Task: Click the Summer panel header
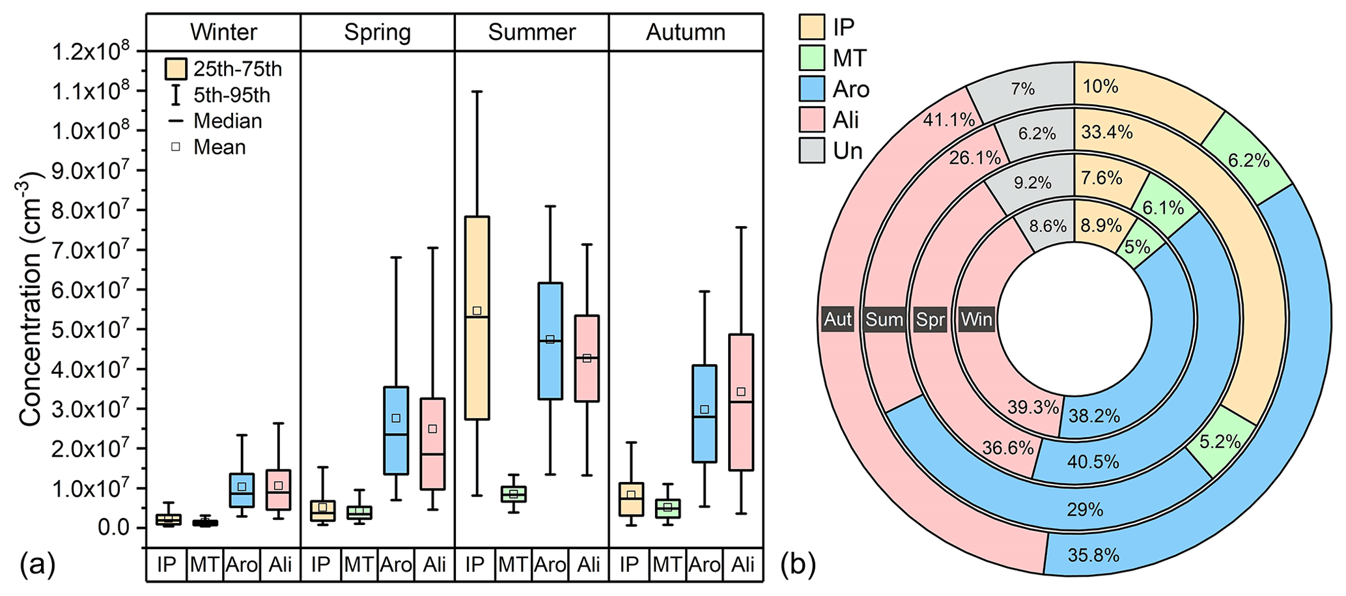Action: tap(531, 32)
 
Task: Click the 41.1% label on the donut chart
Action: tap(949, 119)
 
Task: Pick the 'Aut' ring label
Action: tap(837, 319)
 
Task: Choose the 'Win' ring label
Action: tap(976, 319)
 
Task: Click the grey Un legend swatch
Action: tap(811, 150)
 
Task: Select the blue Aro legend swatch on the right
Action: tap(811, 89)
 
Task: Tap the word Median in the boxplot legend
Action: tap(228, 121)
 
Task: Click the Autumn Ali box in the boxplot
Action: tap(741, 403)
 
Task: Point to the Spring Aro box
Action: tap(396, 431)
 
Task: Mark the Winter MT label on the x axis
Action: tap(204, 564)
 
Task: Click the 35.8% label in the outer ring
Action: tap(1093, 555)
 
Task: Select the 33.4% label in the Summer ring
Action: tap(1107, 132)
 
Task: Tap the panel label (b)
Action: tap(798, 564)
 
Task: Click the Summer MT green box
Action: tap(514, 494)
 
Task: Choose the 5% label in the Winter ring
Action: tap(1137, 248)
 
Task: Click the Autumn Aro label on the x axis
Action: tap(705, 564)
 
